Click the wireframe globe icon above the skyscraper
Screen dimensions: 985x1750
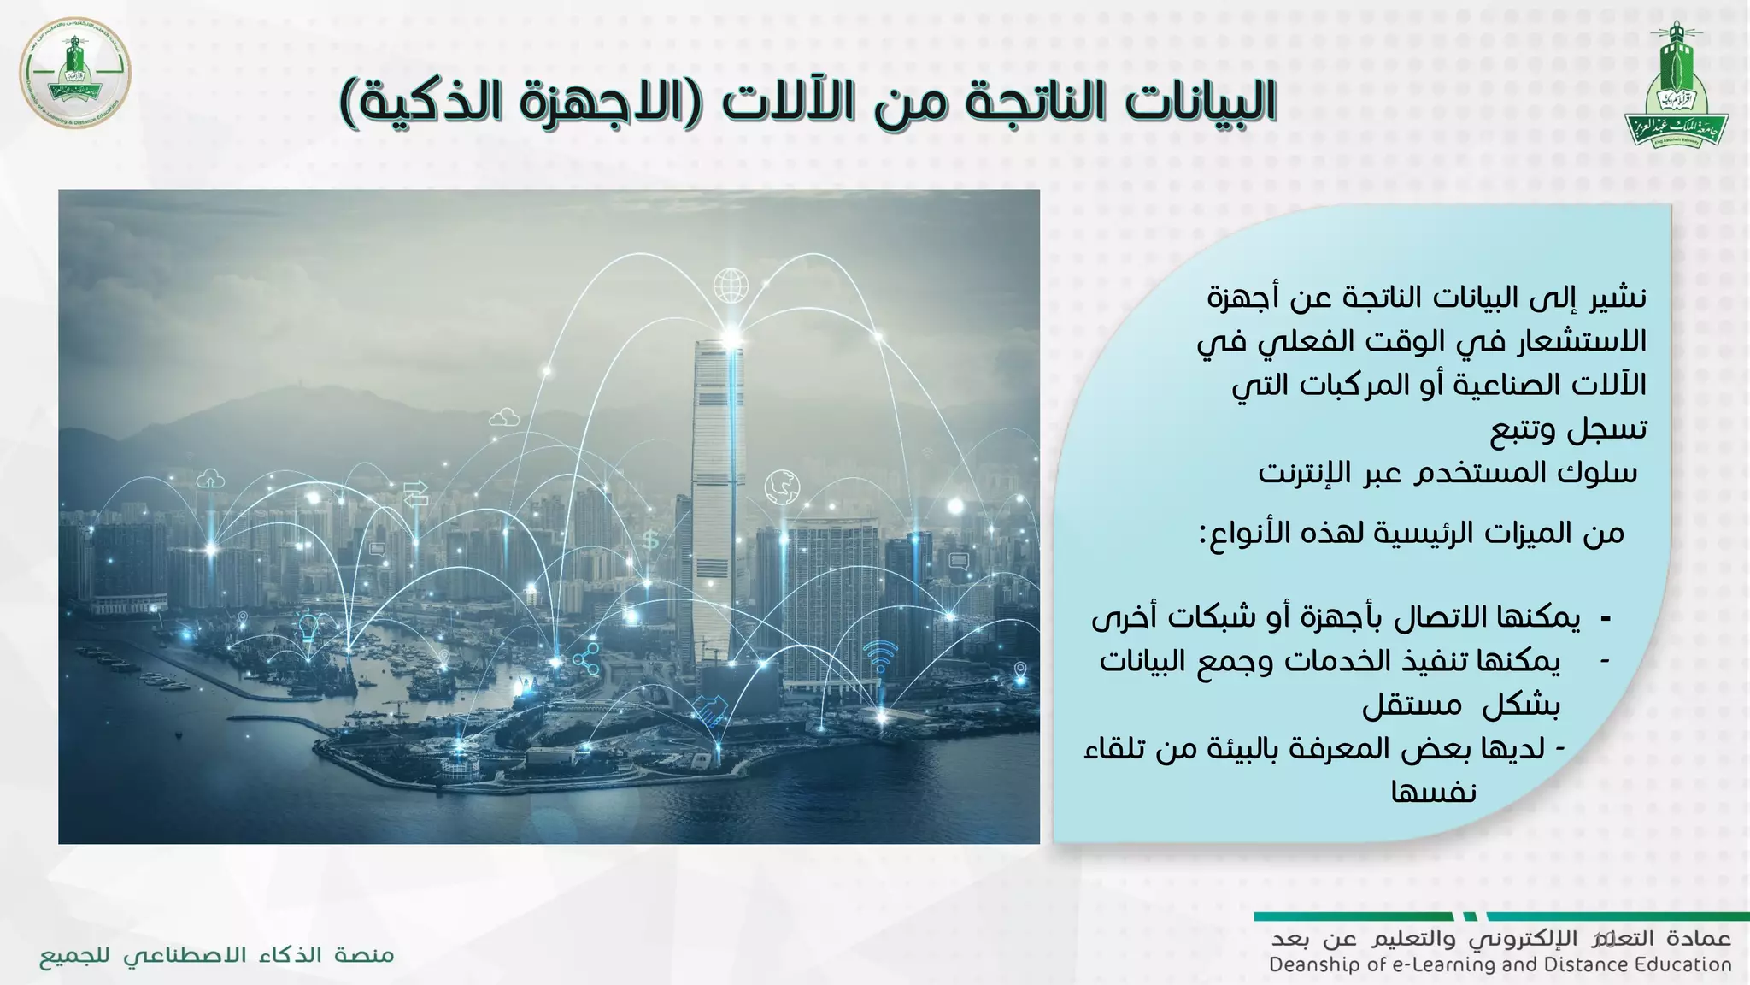pyautogui.click(x=731, y=286)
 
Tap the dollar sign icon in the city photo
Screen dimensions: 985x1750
pyautogui.click(x=650, y=540)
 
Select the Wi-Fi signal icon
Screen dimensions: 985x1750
pyautogui.click(x=879, y=655)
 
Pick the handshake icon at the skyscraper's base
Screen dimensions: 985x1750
pyautogui.click(x=709, y=711)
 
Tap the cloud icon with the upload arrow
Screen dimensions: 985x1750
pyautogui.click(x=210, y=480)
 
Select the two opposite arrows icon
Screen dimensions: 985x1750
pyautogui.click(x=416, y=493)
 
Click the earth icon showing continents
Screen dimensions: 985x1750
pyautogui.click(x=782, y=487)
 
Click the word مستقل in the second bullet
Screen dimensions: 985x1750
pyautogui.click(x=1400, y=705)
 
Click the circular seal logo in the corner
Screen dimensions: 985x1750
pyautogui.click(x=75, y=73)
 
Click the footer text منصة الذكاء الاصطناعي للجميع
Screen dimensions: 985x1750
pyautogui.click(x=217, y=955)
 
